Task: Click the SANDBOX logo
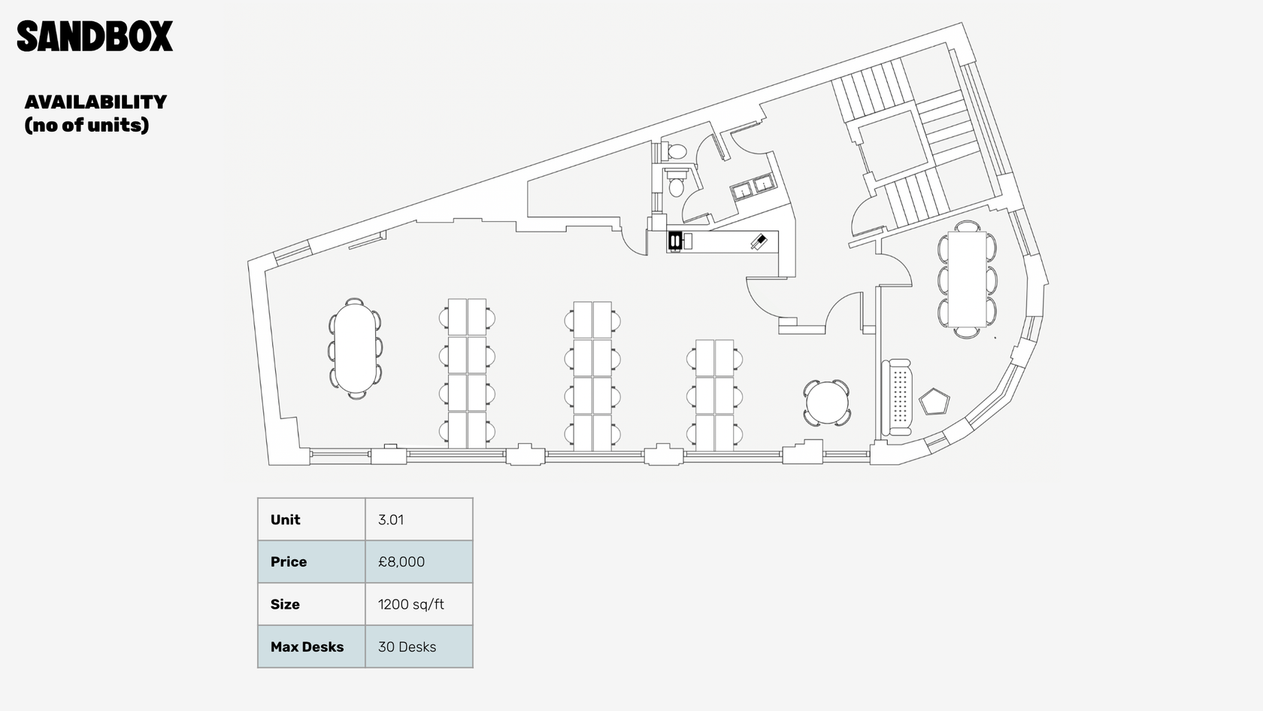[x=95, y=36]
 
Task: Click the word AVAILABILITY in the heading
[x=96, y=102]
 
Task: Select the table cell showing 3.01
[x=419, y=519]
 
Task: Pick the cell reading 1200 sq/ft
[x=419, y=603]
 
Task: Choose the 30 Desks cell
[x=419, y=647]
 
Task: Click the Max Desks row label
[x=307, y=647]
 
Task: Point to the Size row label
[x=285, y=604]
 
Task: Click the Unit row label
[x=286, y=520]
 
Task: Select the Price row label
[x=289, y=562]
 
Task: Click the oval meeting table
[x=355, y=348]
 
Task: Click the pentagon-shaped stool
[x=934, y=401]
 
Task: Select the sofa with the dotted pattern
[x=896, y=398]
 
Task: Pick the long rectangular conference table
[x=967, y=278]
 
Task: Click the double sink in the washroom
[x=753, y=187]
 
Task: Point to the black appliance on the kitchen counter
[x=674, y=241]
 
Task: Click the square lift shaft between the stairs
[x=892, y=143]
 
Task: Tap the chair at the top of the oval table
[x=354, y=301]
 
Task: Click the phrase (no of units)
[x=87, y=125]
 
